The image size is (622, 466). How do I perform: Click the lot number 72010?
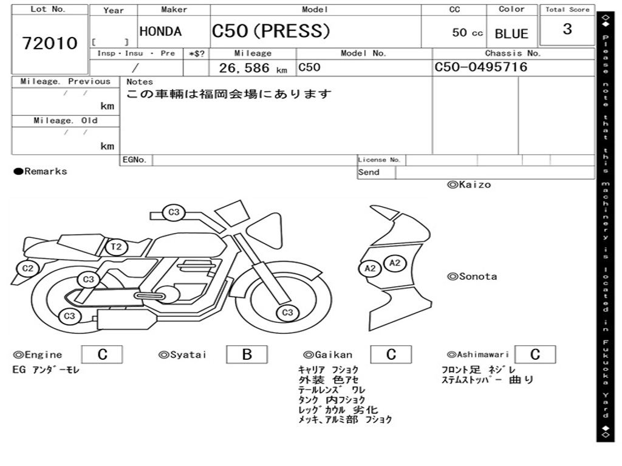pos(50,43)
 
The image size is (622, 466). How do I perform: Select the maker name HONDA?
pos(160,32)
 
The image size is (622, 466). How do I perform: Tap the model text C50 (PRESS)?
pos(271,31)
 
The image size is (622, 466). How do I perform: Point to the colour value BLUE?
pos(511,34)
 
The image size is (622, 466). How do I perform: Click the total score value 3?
pos(567,29)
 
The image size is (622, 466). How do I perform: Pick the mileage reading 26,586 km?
pos(253,68)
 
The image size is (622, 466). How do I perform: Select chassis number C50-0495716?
pos(481,67)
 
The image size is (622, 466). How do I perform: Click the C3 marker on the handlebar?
pos(174,212)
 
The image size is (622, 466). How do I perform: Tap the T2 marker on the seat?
pos(116,247)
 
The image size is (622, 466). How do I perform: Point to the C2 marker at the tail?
pos(27,268)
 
